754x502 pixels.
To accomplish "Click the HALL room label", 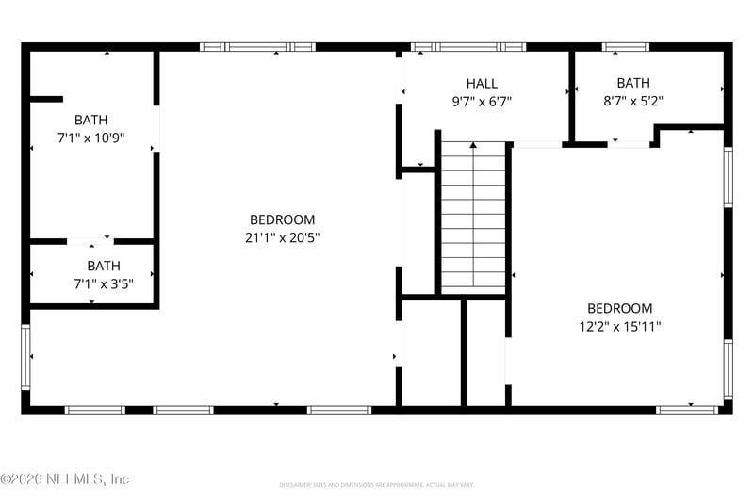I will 481,84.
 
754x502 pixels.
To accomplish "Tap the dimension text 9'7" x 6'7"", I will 481,101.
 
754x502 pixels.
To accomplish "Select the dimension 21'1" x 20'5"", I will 282,237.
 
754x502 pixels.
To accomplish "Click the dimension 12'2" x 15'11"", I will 619,326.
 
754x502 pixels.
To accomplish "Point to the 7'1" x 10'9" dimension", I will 91,138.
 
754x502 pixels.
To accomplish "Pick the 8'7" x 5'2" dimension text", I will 632,101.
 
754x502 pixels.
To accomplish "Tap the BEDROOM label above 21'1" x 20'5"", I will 282,219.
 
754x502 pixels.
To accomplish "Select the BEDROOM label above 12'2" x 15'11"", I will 619,308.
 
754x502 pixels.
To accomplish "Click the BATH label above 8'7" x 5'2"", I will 633,83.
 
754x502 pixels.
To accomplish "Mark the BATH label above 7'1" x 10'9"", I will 91,120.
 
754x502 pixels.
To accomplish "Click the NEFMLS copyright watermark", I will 64,479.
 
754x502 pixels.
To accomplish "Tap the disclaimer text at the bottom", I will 375,485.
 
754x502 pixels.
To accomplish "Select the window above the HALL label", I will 468,46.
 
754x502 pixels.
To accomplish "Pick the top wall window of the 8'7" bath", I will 626,46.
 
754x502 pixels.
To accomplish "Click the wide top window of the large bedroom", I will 257,46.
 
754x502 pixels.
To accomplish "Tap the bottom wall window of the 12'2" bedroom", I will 687,410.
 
